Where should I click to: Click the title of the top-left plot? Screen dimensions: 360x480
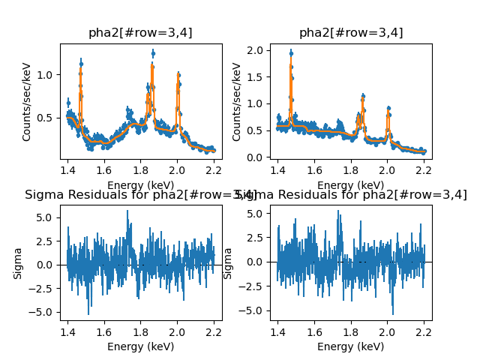tap(141, 33)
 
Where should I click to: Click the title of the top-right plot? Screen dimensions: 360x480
tap(351, 33)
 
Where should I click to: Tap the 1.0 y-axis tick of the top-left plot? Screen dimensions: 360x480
tap(46, 75)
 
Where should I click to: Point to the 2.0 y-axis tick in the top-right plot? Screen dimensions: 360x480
tap(256, 50)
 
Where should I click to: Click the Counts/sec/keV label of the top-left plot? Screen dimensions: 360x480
tap(27, 101)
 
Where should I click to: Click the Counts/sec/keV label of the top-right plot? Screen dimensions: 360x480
tap(237, 101)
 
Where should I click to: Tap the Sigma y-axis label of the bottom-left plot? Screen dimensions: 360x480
tap(18, 263)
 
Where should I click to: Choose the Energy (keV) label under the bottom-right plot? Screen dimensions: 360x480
tap(351, 346)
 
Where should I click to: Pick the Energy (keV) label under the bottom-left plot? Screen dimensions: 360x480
tap(141, 346)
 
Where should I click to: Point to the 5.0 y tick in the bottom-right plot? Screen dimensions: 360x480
tap(256, 214)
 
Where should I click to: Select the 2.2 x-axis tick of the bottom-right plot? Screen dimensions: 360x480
tap(424, 331)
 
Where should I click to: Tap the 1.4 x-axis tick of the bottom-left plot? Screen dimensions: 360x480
tap(67, 331)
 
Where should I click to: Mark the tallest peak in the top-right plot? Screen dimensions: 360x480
tap(291, 53)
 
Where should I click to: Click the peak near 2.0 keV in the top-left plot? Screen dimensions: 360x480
tap(178, 74)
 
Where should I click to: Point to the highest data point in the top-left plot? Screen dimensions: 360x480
tap(153, 53)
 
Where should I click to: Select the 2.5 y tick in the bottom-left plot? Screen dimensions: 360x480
tap(46, 241)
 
